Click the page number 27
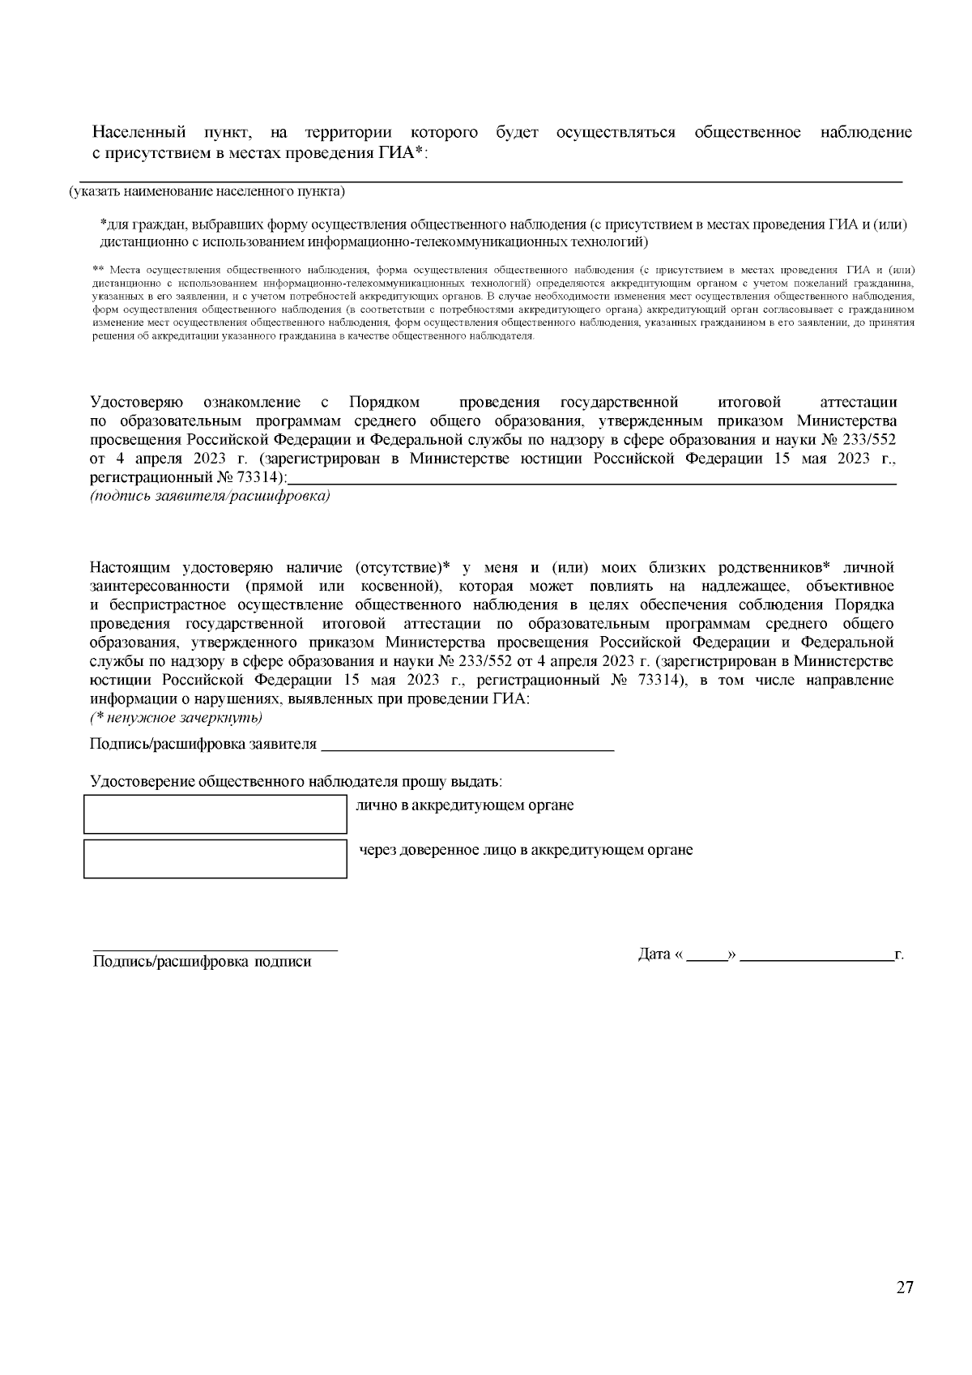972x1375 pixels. point(905,1287)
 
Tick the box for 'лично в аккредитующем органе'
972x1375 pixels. point(215,814)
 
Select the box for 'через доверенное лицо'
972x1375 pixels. point(215,858)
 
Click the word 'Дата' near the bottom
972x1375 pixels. point(654,954)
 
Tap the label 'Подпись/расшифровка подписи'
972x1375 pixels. point(202,962)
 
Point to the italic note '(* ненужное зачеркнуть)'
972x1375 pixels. point(176,719)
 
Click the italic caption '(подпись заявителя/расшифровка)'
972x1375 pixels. point(210,497)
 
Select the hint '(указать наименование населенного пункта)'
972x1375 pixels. point(207,192)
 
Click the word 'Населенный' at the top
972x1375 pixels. point(139,132)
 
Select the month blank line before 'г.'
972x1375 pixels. point(816,959)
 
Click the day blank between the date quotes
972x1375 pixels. point(706,959)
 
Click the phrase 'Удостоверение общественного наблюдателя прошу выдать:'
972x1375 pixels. point(296,782)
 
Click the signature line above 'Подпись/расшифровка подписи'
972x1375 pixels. point(215,949)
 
